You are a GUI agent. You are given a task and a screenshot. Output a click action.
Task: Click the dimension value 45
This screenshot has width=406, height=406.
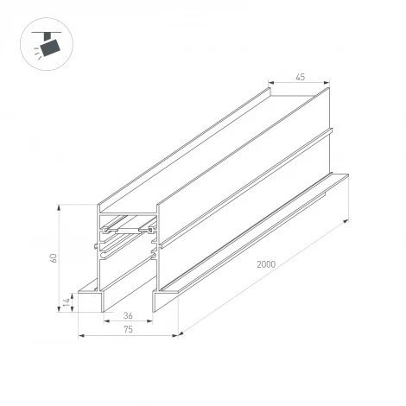pos(300,77)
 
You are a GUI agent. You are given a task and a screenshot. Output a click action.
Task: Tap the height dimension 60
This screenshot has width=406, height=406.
pos(53,257)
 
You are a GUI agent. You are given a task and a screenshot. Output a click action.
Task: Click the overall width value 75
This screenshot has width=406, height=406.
pos(127,329)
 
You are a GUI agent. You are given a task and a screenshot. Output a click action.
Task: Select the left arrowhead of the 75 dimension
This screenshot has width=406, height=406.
pos(80,336)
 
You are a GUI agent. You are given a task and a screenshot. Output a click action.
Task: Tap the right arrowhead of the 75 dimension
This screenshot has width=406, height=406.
pos(176,336)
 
